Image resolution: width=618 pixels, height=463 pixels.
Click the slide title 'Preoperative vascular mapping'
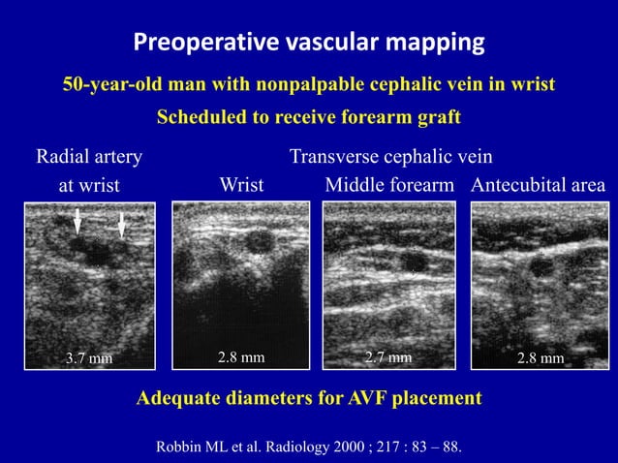[309, 43]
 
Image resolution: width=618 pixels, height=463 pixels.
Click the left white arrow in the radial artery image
[77, 225]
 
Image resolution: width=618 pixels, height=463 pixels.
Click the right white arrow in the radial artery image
[121, 227]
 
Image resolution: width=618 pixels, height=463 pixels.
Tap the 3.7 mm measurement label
[89, 358]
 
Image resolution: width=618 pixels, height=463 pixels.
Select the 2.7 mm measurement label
[388, 357]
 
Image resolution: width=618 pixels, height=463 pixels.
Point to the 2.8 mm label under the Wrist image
[241, 357]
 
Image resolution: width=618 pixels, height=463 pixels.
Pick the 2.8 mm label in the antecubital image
[541, 358]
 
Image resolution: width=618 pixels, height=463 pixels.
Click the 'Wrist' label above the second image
[242, 184]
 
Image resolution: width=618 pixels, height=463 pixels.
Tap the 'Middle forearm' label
[389, 184]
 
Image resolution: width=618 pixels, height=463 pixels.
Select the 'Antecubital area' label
[539, 184]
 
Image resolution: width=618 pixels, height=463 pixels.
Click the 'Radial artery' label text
[89, 156]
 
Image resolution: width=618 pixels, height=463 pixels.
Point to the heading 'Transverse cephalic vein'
[391, 156]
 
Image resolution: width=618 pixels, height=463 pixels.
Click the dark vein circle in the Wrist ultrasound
[260, 240]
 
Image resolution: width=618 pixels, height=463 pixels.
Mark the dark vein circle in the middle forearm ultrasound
[414, 262]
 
